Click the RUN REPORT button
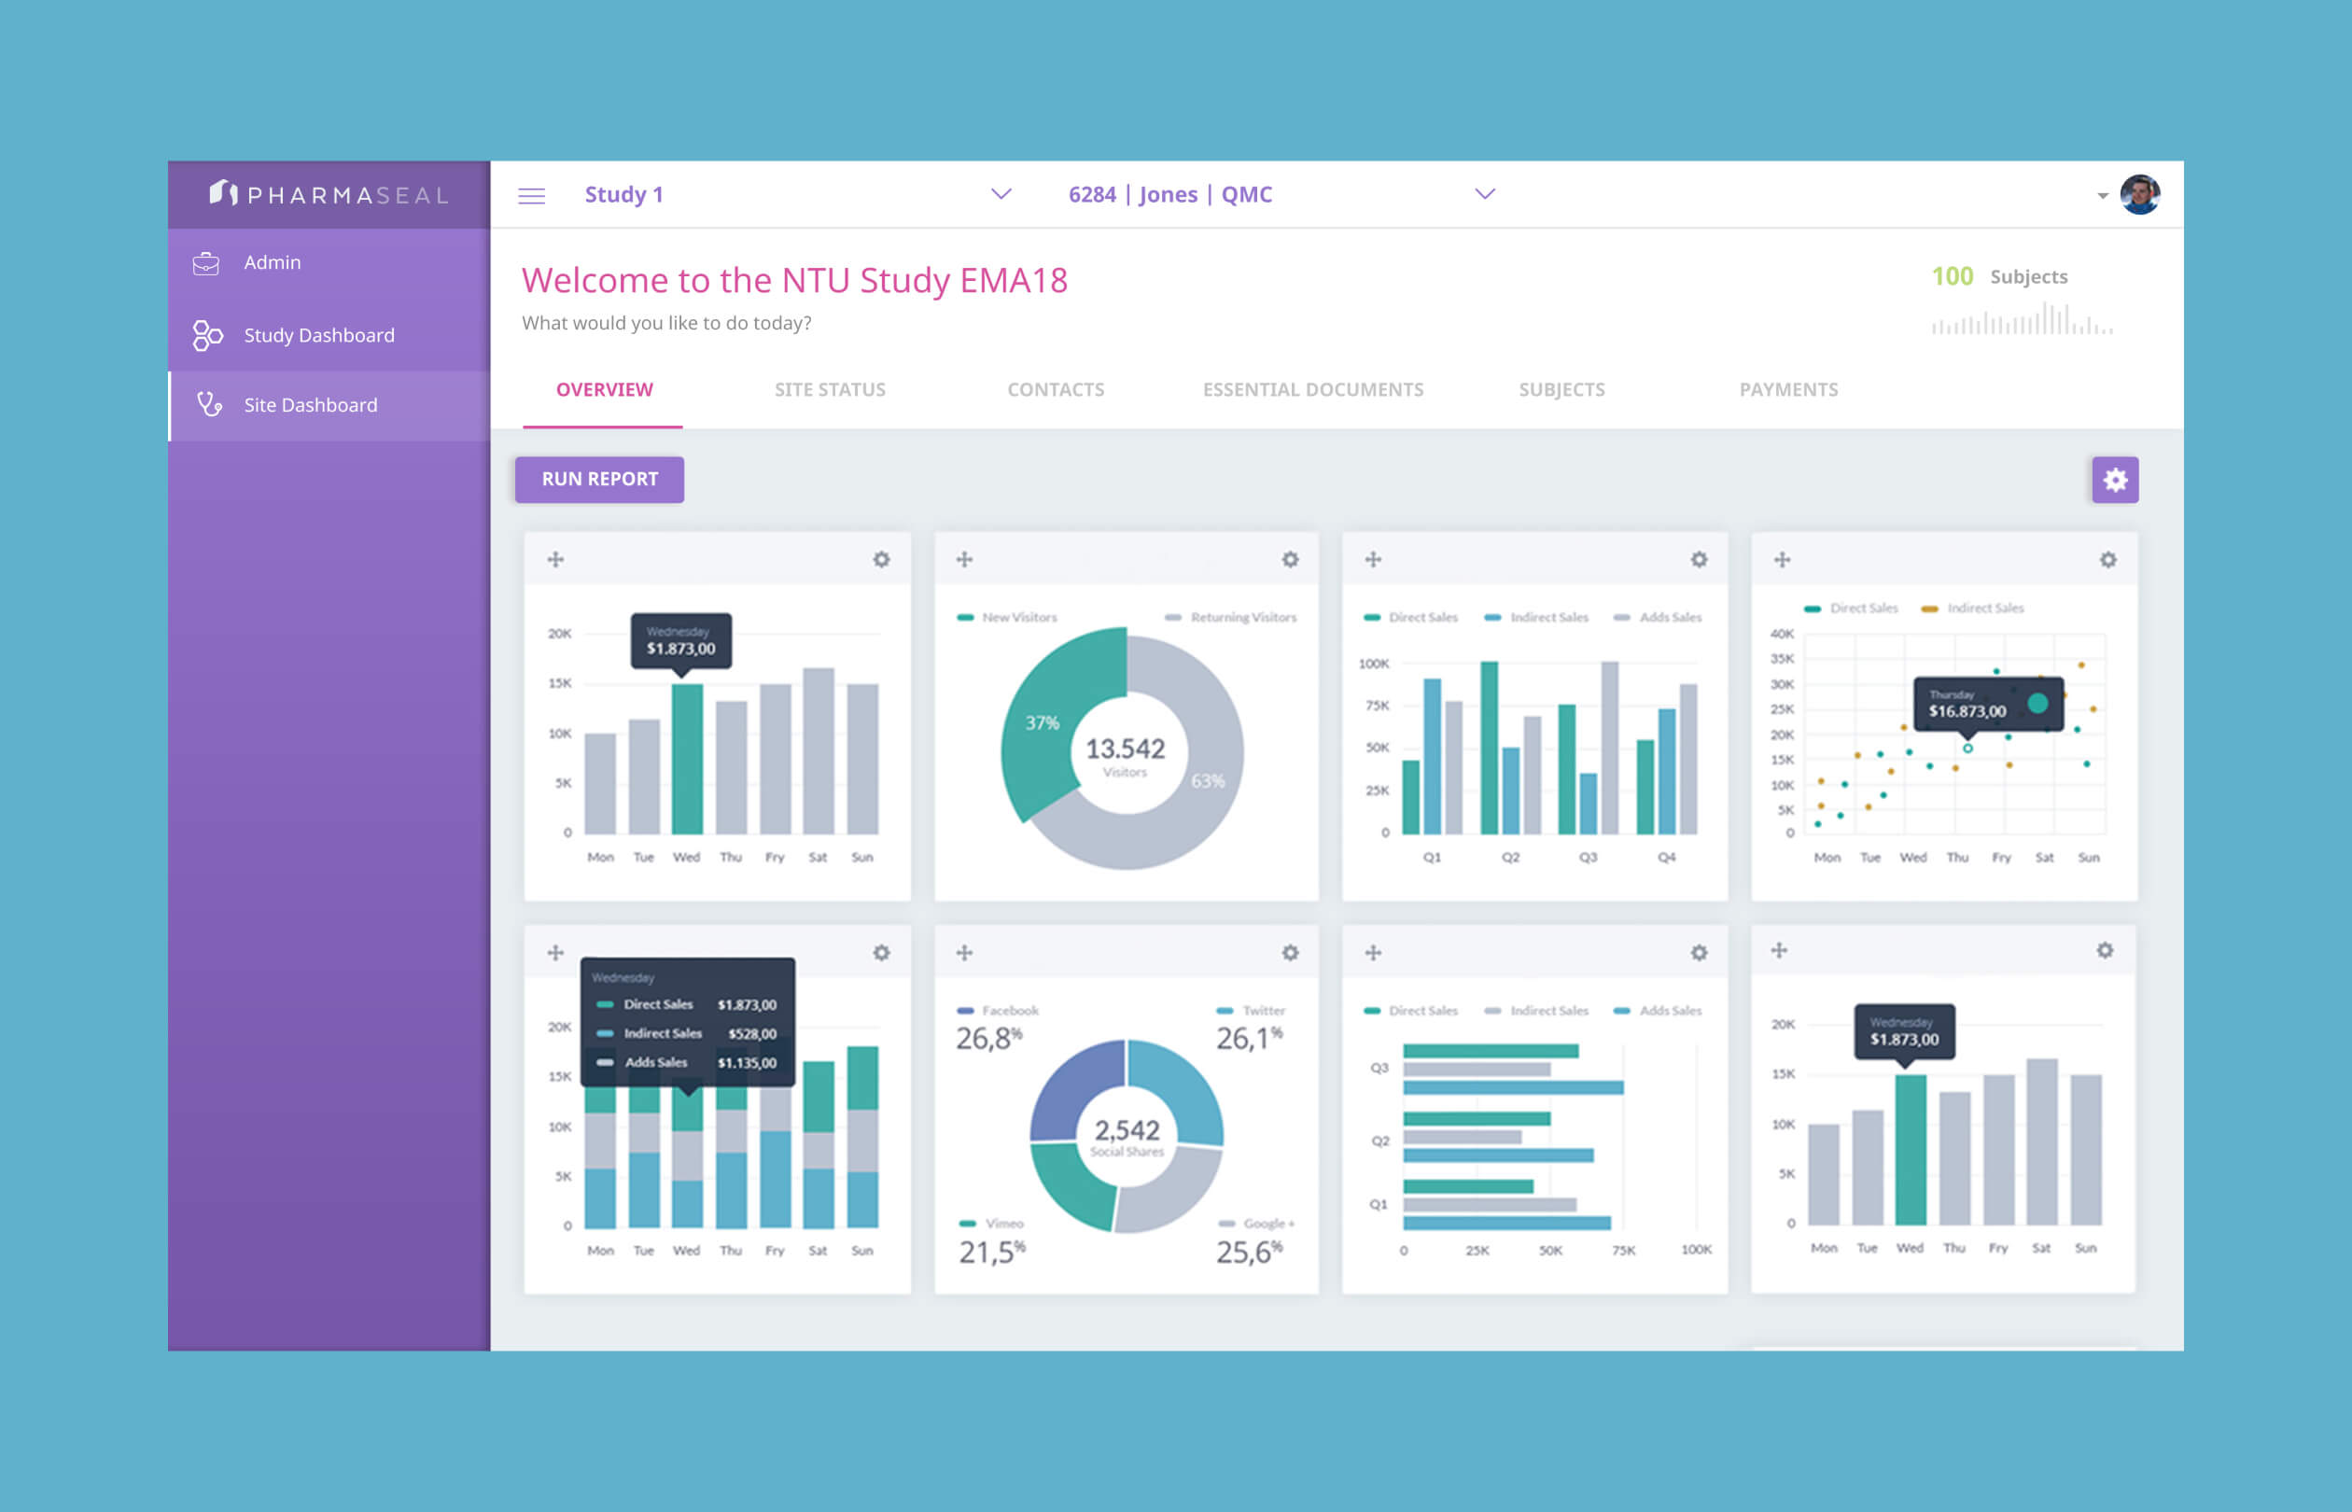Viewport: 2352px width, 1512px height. tap(599, 479)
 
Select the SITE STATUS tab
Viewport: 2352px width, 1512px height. tap(830, 390)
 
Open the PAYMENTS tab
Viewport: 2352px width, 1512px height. tap(1787, 390)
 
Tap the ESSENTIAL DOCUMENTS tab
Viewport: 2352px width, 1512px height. tap(1312, 390)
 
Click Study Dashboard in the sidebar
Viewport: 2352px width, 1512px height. tap(318, 336)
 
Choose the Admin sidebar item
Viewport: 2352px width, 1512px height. tap(272, 263)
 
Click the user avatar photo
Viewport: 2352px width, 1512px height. tap(2139, 194)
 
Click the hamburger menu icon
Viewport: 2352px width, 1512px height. tap(531, 195)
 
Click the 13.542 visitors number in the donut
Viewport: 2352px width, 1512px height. tap(1125, 749)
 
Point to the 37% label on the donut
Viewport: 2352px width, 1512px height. tap(1042, 722)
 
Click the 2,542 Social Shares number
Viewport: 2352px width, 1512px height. tap(1127, 1130)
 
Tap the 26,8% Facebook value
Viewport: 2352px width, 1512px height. tap(987, 1038)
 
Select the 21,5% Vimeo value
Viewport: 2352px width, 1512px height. tap(990, 1252)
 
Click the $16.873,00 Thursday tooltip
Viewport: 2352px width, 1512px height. tap(1967, 711)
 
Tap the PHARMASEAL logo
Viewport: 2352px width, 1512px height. tap(329, 194)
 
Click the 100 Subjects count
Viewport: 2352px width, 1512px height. tap(1952, 277)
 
